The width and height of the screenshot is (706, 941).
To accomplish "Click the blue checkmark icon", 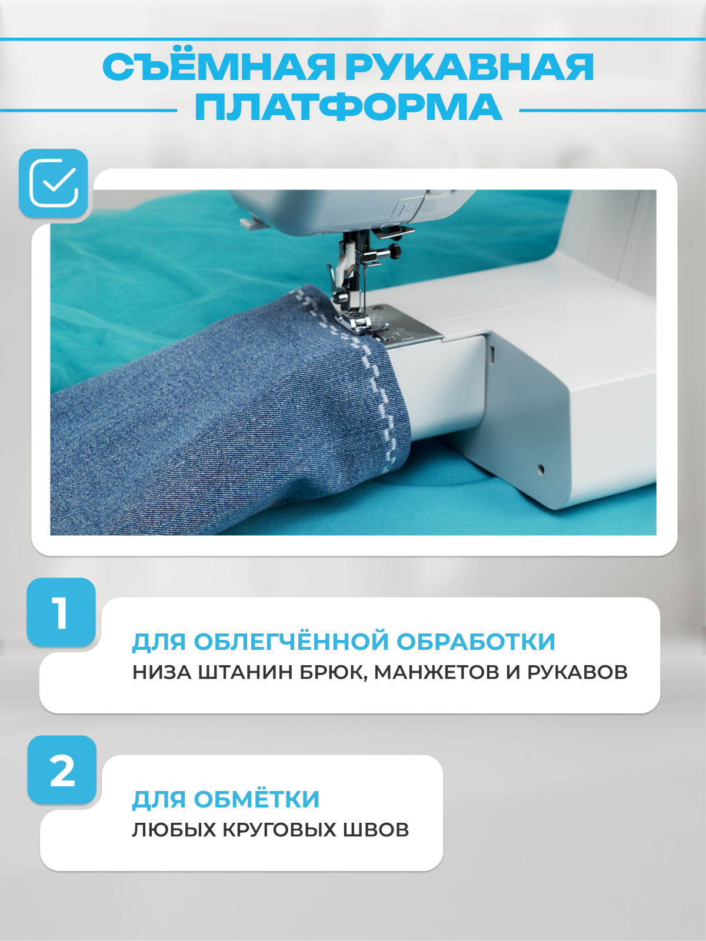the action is click(53, 183).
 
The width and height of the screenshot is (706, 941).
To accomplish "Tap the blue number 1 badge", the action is click(61, 612).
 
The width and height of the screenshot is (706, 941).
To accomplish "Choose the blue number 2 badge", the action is click(62, 770).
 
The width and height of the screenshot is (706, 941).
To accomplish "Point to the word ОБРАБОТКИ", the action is click(476, 642).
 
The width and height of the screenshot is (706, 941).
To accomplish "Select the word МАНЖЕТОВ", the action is click(437, 672).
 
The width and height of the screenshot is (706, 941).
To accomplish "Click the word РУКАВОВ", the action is click(577, 672).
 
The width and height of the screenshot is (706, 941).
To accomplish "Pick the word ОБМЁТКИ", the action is click(257, 799).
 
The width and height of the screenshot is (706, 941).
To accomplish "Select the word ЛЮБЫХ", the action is click(174, 830).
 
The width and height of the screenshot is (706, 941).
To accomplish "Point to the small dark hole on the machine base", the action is click(541, 469).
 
